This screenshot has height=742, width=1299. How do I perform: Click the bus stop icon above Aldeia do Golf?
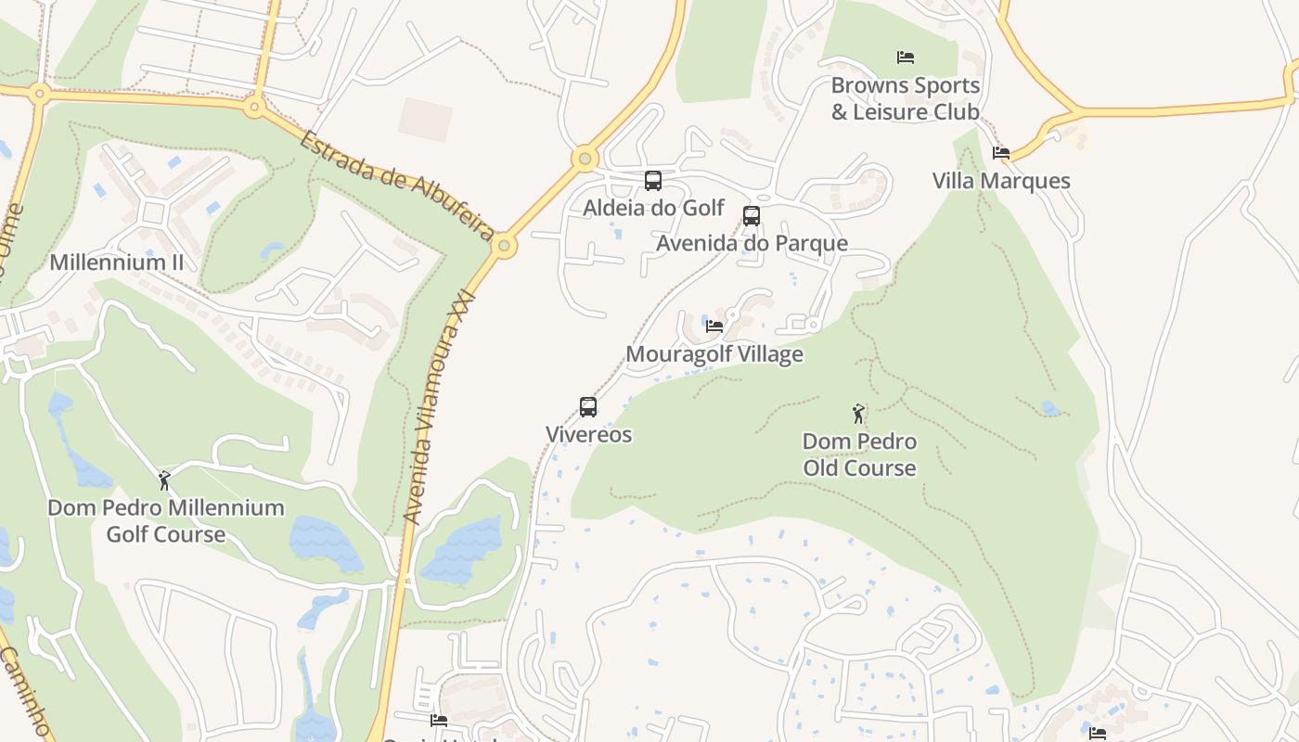click(x=653, y=181)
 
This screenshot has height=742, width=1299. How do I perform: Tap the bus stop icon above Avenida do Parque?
click(x=752, y=216)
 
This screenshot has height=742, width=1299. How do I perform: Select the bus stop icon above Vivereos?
click(x=588, y=407)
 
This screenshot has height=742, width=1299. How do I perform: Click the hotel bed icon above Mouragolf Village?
click(x=714, y=326)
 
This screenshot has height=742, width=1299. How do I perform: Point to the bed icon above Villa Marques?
click(x=1000, y=153)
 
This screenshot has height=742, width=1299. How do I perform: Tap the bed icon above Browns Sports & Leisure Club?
click(x=906, y=58)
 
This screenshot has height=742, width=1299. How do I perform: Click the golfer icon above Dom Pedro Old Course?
click(x=859, y=414)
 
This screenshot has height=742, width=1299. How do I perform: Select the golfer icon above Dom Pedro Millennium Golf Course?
click(x=165, y=480)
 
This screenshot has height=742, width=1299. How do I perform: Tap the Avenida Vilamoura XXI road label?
click(x=441, y=408)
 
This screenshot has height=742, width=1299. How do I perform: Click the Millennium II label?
click(x=117, y=262)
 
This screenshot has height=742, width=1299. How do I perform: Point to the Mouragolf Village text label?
click(x=714, y=354)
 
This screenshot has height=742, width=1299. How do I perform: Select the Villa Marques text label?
click(x=1001, y=181)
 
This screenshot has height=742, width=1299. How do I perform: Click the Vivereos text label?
click(x=588, y=434)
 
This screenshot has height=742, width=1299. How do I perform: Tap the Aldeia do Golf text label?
click(x=653, y=208)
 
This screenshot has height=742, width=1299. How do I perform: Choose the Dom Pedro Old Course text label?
click(x=859, y=454)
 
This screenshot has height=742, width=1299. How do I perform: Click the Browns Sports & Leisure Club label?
click(x=906, y=98)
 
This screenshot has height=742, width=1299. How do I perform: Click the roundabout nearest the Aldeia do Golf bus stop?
click(x=585, y=159)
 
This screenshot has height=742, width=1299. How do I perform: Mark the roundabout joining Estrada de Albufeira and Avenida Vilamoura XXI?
click(x=504, y=246)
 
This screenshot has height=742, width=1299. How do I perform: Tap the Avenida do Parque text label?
click(x=752, y=243)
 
